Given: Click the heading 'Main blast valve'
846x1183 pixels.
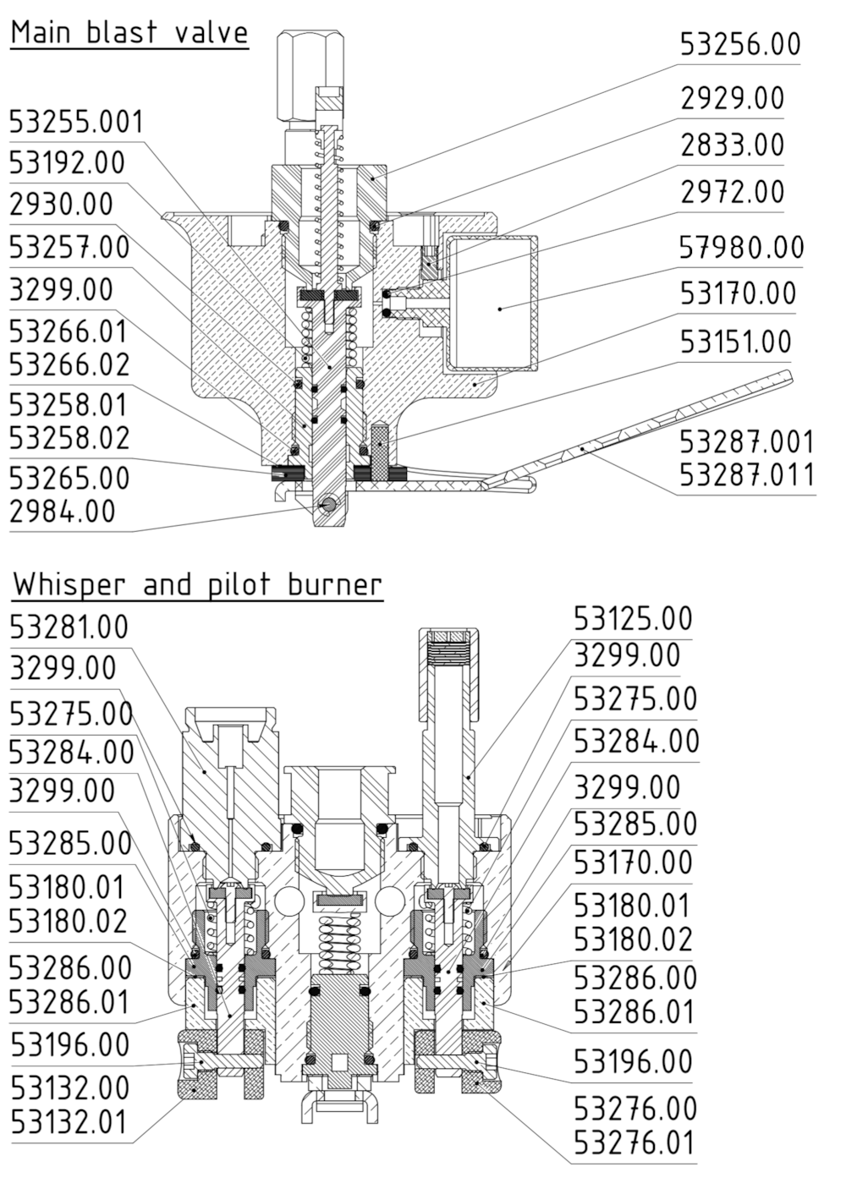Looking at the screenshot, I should tap(129, 33).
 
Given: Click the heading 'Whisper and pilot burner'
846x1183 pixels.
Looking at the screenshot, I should tap(197, 584).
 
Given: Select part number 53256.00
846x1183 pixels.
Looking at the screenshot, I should tap(740, 44).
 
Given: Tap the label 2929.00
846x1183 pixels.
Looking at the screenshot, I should tap(733, 98).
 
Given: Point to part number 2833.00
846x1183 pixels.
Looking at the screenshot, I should tap(733, 145).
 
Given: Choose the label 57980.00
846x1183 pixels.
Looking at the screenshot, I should tap(741, 248).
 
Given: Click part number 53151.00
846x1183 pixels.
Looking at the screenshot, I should tap(735, 342).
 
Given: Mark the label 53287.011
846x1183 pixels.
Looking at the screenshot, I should tap(747, 475).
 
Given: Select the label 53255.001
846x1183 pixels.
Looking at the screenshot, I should tap(77, 123).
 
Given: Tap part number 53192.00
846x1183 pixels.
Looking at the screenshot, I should tap(67, 162).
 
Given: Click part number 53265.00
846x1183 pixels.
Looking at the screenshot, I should tap(69, 478).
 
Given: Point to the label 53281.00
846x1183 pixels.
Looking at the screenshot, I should tap(69, 627).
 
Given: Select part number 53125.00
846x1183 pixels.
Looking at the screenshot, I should tap(633, 619).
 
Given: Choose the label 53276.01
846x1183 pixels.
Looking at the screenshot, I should tap(634, 1143).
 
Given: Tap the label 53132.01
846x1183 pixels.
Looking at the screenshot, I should tap(69, 1123).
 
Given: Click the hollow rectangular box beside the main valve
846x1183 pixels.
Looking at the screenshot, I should tap(492, 303).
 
